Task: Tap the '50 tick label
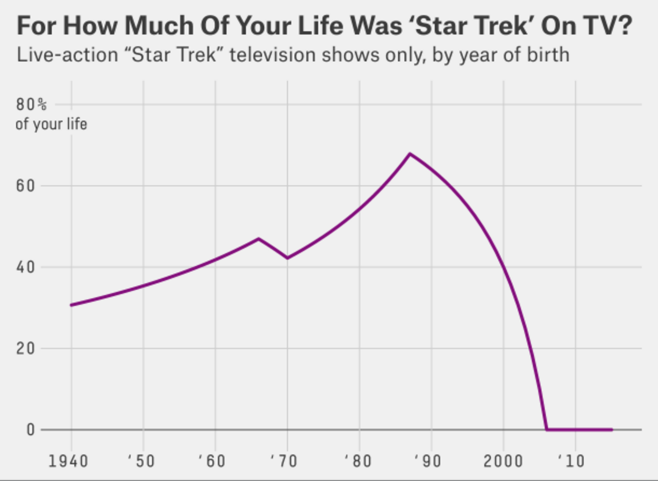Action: pyautogui.click(x=141, y=461)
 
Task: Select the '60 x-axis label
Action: pyautogui.click(x=212, y=461)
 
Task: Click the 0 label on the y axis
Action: pyautogui.click(x=30, y=430)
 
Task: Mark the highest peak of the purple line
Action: pyautogui.click(x=410, y=153)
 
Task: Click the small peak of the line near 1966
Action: pyautogui.click(x=258, y=239)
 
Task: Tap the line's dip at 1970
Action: pyautogui.click(x=287, y=258)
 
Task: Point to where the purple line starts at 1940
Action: pyautogui.click(x=71, y=305)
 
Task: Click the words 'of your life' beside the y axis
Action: pyautogui.click(x=51, y=125)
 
